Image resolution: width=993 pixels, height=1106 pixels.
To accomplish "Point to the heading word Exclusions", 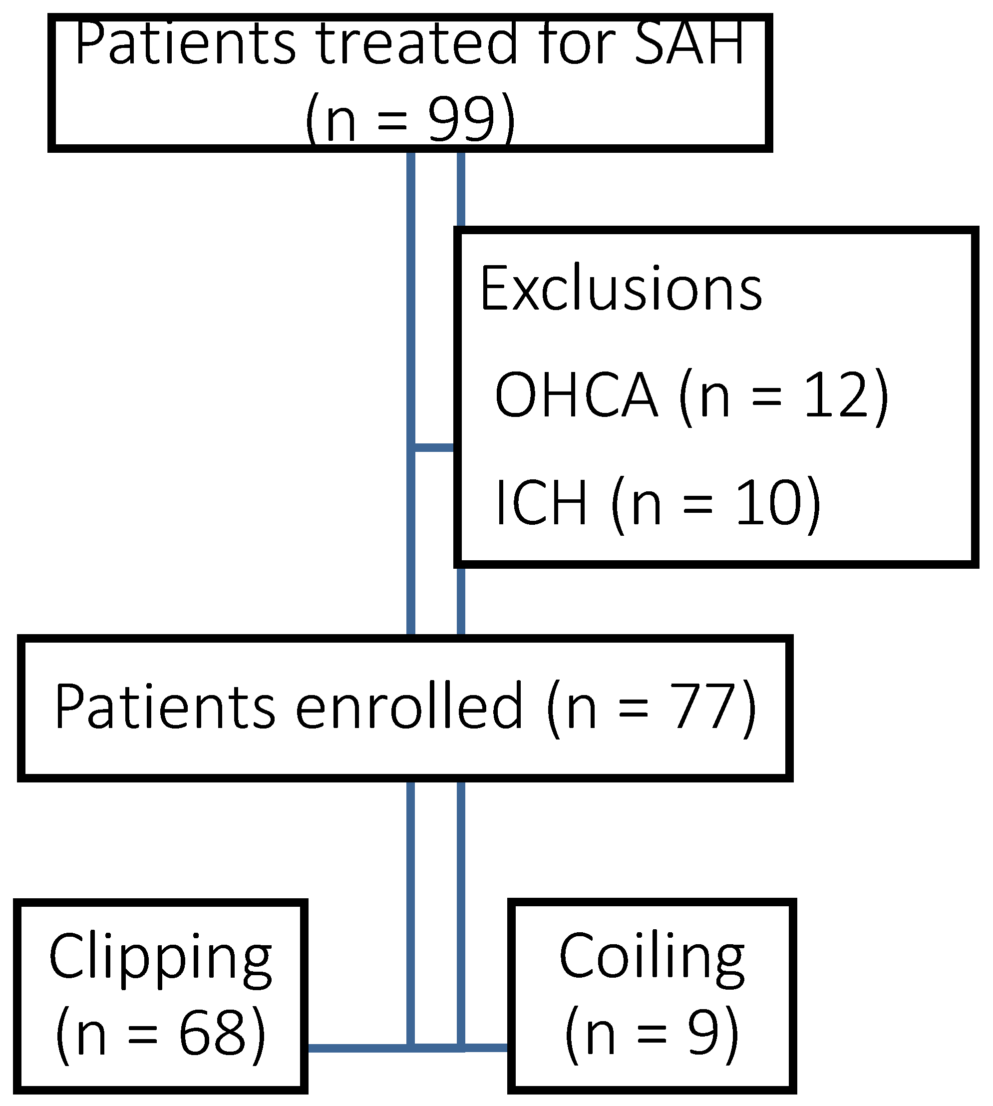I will click(x=621, y=289).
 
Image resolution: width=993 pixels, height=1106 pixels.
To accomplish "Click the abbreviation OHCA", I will click(x=576, y=395).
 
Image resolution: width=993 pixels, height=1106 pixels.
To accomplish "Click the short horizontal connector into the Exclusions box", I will click(x=434, y=448).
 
